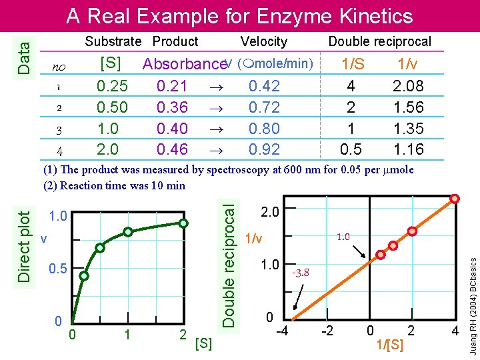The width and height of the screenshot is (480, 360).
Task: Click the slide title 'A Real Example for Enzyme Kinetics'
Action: tap(239, 15)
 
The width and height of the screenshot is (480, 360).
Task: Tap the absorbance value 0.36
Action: tap(172, 107)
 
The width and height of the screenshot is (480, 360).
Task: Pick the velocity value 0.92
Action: tap(264, 149)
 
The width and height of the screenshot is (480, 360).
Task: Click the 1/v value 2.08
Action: tap(407, 86)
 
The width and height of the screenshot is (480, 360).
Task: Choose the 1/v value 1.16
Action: tap(407, 149)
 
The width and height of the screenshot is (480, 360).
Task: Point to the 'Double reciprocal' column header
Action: tap(379, 41)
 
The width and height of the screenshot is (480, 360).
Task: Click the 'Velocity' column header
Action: tap(263, 41)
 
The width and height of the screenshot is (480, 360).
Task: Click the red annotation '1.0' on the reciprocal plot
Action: tap(343, 236)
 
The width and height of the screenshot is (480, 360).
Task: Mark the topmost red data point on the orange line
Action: tap(455, 199)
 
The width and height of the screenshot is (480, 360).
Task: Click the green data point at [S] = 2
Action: tap(186, 224)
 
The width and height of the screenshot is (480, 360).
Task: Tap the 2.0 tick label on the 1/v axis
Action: tap(269, 213)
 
